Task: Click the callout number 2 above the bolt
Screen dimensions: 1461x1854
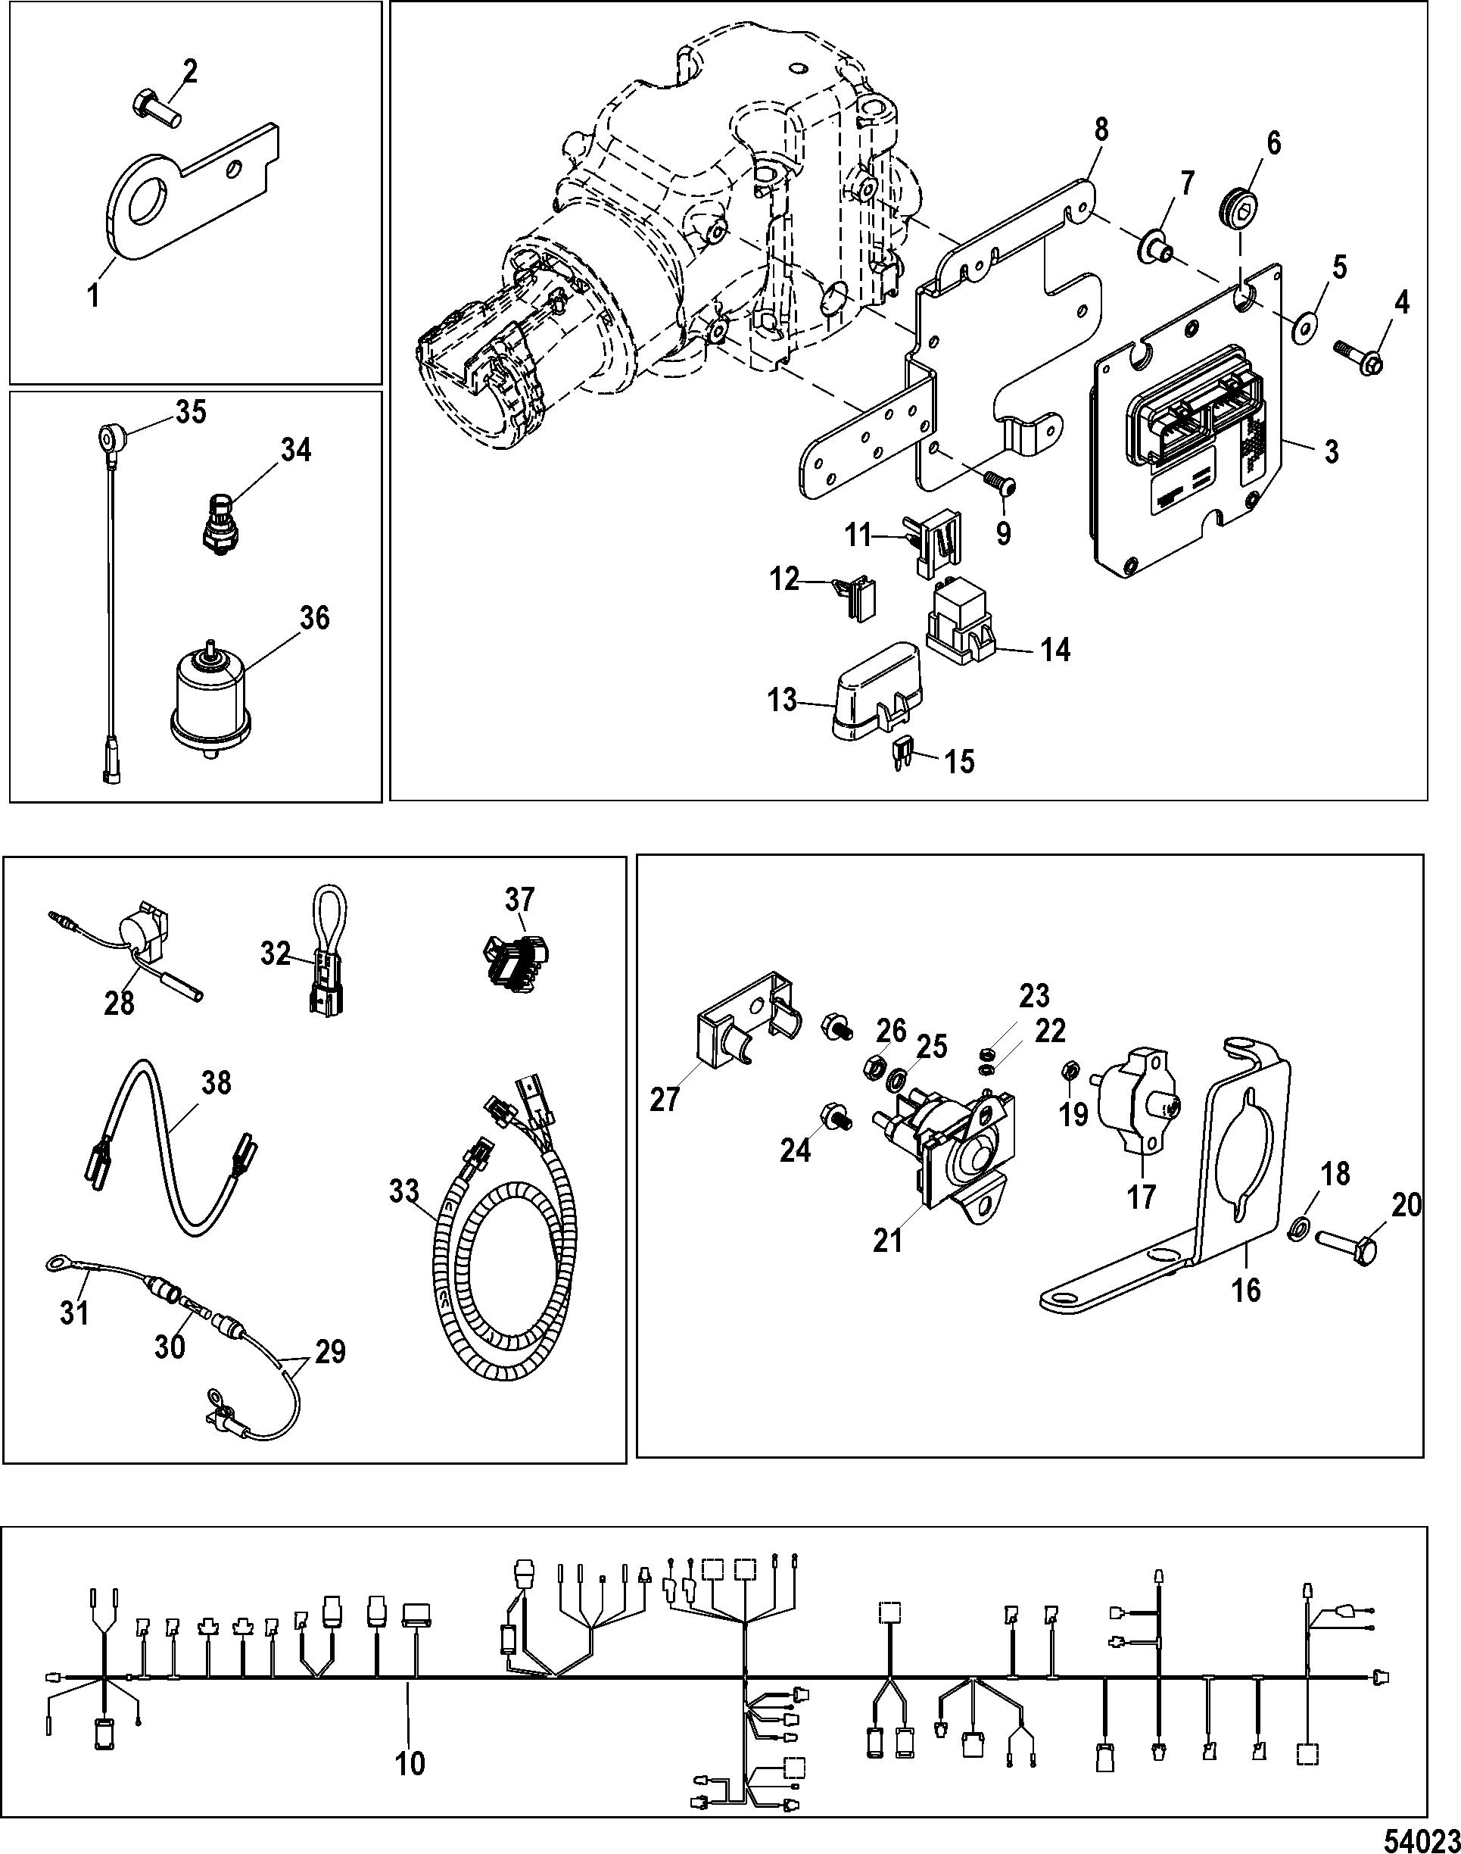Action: tap(190, 71)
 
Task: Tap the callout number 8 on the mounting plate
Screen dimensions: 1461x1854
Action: tap(1101, 130)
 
